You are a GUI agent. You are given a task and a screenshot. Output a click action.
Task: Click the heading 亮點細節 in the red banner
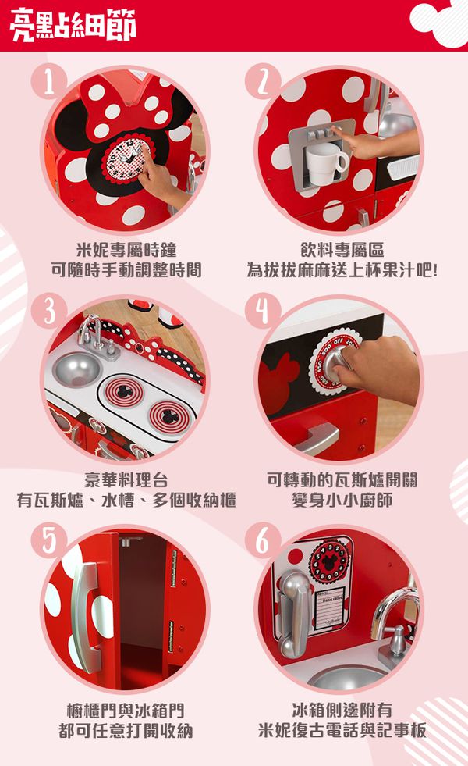pos(73,25)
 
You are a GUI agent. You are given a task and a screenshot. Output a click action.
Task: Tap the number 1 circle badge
pos(48,81)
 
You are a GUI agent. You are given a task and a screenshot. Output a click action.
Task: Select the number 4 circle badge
pos(262,312)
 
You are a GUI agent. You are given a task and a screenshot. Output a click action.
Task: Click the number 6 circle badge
pos(262,540)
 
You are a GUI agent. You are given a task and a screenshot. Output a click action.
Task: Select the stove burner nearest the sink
pos(120,391)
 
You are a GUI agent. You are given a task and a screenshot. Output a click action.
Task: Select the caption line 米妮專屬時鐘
pos(126,250)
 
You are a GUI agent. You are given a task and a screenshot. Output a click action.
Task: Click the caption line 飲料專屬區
pos(342,250)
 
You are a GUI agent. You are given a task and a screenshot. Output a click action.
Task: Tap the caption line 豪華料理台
pos(126,479)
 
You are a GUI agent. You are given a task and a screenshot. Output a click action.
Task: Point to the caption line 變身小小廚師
pos(342,501)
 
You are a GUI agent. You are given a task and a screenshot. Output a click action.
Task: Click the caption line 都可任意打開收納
pos(126,731)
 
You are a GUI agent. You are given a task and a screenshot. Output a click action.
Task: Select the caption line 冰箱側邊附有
pos(342,711)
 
